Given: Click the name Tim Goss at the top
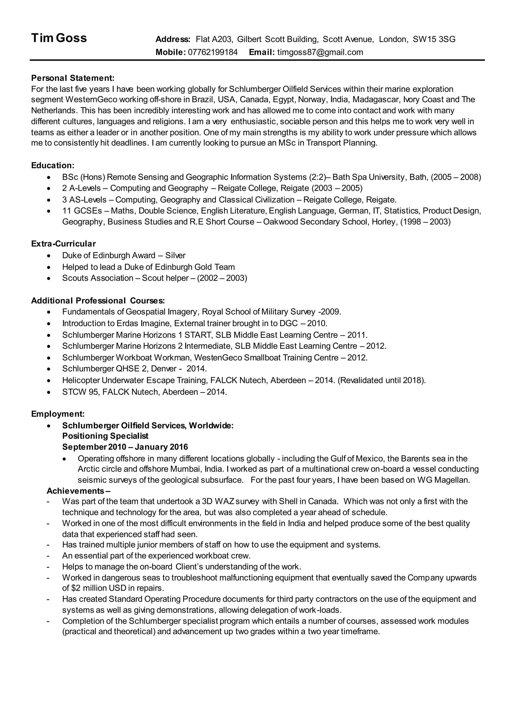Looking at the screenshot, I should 59,38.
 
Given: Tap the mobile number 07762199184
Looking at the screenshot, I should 213,52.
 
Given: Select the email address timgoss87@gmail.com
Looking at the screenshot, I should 320,52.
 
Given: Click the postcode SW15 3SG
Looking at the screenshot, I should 434,39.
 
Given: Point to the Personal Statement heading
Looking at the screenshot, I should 73,78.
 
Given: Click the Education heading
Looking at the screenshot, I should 52,165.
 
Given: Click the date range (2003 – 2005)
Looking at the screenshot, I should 337,189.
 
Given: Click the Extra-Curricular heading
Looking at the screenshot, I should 63,244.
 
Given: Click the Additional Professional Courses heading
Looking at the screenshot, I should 98,300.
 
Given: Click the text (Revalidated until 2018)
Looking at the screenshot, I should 382,380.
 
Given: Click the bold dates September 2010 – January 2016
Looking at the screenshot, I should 125,447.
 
